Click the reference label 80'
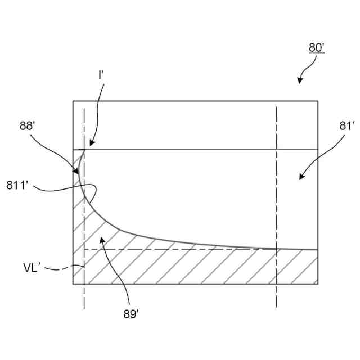click(x=317, y=48)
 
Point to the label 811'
click(x=17, y=184)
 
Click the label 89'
click(x=130, y=314)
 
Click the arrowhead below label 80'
click(x=300, y=82)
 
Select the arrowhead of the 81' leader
click(x=301, y=178)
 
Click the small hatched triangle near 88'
click(x=77, y=163)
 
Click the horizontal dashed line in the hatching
click(x=180, y=249)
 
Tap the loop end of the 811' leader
click(x=97, y=189)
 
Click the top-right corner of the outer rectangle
click(x=317, y=101)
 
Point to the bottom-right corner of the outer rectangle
click(x=317, y=284)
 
